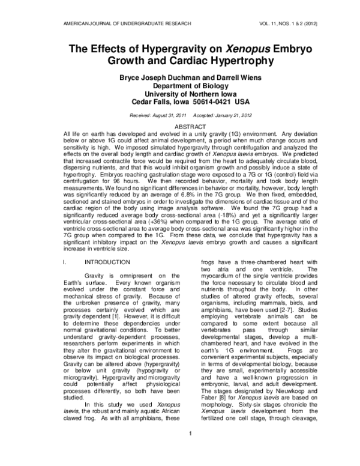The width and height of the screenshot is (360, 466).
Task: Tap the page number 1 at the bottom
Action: pos(180,451)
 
